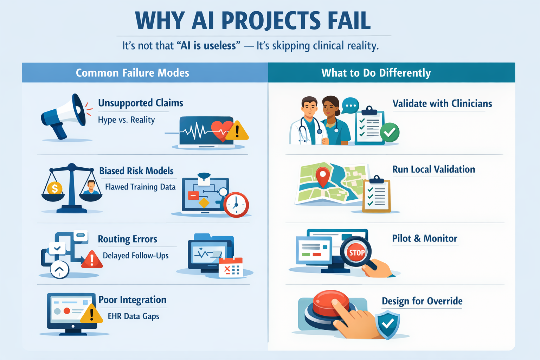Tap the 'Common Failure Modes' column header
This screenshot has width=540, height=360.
point(133,73)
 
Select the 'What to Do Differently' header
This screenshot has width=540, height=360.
point(376,73)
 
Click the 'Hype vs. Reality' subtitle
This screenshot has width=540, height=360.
point(126,120)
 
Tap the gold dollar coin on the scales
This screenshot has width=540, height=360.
point(54,188)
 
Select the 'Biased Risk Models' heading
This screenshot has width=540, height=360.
point(136,171)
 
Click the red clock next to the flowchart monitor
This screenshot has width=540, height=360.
point(236,205)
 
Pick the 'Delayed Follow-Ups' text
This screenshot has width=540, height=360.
point(136,256)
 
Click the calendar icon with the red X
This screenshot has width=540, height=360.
point(231,268)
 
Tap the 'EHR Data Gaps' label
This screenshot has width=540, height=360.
point(134,316)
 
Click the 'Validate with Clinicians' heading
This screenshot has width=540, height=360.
point(442,104)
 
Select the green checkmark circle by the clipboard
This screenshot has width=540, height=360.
point(390,132)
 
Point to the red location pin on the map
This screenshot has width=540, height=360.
point(323,176)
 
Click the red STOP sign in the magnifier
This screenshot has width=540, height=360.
point(356,252)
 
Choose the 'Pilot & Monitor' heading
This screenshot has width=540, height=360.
point(425,238)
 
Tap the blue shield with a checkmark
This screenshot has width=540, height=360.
point(388,324)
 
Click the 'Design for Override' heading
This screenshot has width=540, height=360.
point(422,301)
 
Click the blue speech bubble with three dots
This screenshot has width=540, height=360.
point(351,105)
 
